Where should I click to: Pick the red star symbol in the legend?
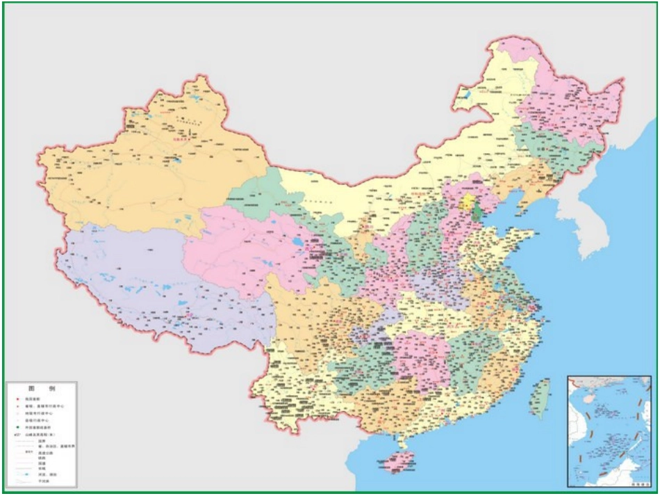tap(18, 399)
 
